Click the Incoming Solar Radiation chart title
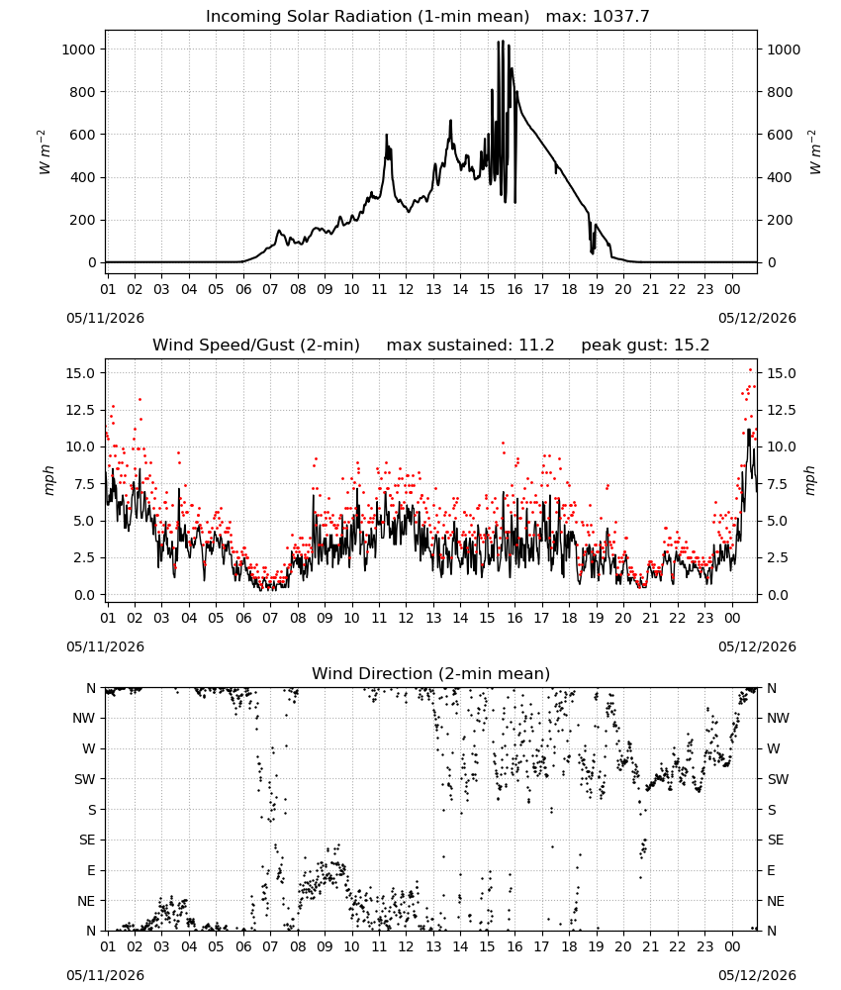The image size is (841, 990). (x=367, y=17)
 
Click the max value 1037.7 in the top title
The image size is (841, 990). (x=621, y=17)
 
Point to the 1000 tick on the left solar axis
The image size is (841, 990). (x=78, y=49)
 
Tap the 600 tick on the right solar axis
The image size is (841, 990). (x=780, y=135)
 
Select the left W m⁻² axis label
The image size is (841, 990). (x=43, y=152)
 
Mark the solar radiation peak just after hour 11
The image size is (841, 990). (x=387, y=135)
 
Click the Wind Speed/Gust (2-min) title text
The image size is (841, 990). (x=256, y=346)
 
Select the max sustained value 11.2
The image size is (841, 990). (x=536, y=346)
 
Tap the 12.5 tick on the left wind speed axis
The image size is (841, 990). (x=81, y=411)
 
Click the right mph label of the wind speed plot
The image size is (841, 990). (x=809, y=480)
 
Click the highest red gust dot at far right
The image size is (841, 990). (x=750, y=370)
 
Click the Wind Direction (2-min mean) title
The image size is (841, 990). (x=431, y=673)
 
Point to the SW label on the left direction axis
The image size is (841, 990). (x=85, y=779)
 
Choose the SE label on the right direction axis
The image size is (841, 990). (x=776, y=840)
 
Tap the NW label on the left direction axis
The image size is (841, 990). (x=84, y=718)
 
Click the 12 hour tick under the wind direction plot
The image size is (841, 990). (x=406, y=946)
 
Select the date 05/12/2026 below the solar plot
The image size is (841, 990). (x=757, y=318)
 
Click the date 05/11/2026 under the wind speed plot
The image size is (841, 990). (x=105, y=646)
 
